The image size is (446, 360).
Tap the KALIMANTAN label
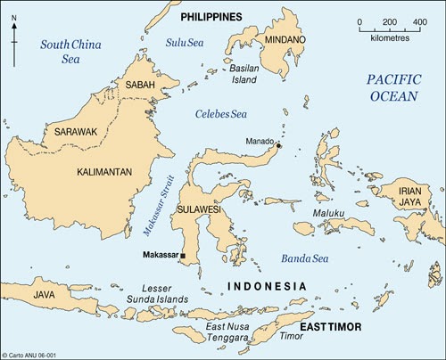point(105,171)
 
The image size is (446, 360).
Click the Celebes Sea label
point(221,114)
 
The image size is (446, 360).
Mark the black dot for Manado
point(278,145)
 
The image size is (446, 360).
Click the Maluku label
point(327,214)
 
